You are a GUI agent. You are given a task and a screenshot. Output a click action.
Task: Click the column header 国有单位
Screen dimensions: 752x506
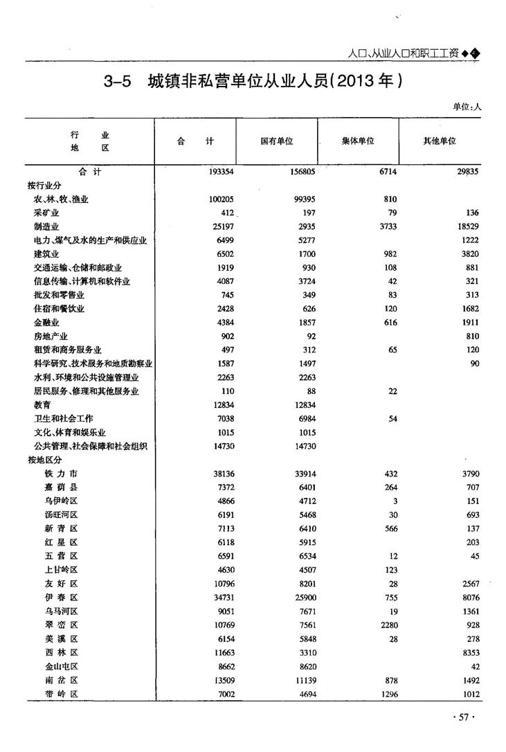[277, 141]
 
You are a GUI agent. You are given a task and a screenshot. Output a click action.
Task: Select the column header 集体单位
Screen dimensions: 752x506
[358, 141]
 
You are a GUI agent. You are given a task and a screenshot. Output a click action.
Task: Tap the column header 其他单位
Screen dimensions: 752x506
[440, 141]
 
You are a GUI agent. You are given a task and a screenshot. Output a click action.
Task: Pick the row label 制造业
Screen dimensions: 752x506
[46, 226]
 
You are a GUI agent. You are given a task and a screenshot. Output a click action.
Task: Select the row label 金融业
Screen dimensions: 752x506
[46, 323]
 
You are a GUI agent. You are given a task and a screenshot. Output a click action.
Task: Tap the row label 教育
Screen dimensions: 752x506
[42, 405]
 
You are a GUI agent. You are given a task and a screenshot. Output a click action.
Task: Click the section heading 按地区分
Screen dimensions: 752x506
[44, 460]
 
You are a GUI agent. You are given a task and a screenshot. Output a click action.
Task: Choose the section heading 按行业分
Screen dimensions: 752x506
[44, 186]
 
